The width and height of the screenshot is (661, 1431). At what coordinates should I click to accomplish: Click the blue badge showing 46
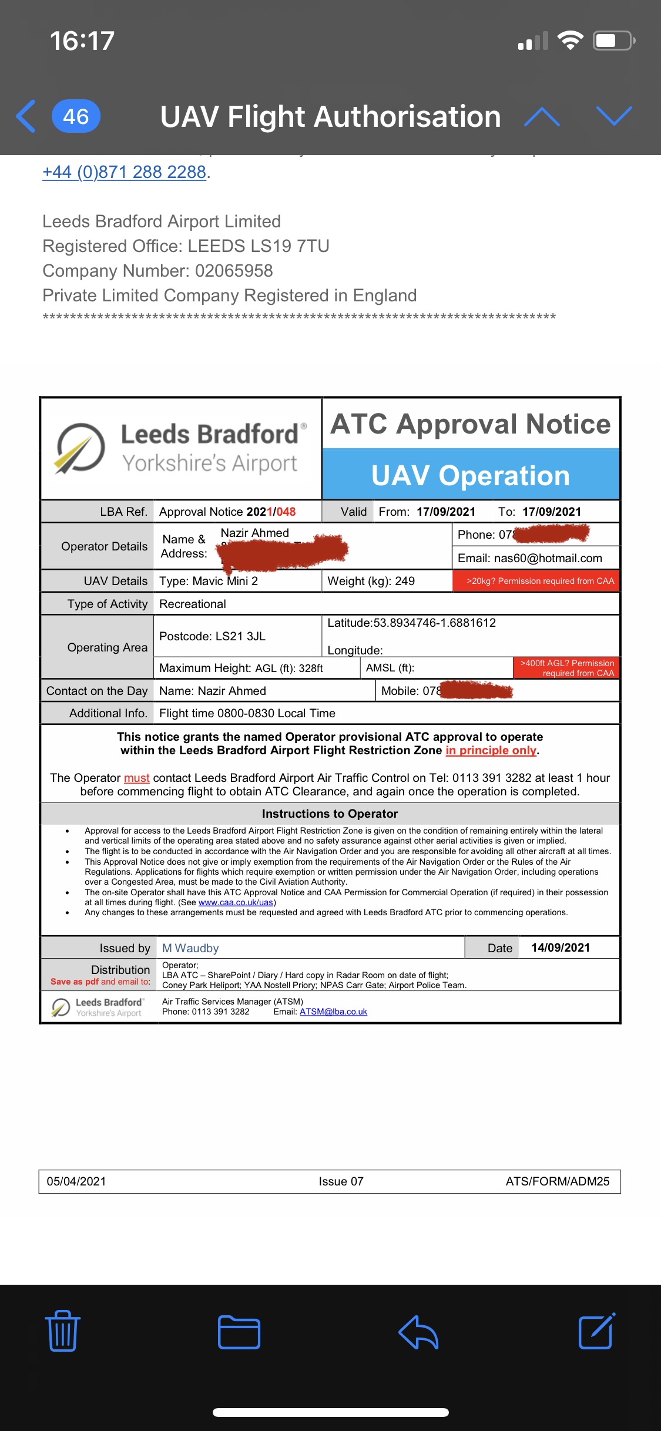tap(76, 116)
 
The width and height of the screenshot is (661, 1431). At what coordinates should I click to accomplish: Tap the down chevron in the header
tap(614, 116)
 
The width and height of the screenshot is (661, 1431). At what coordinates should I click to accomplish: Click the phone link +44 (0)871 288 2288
tap(124, 172)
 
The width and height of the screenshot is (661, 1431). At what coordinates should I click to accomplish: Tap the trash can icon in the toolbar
tap(62, 1331)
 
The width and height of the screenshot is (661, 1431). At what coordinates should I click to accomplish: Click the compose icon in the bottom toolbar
tap(596, 1331)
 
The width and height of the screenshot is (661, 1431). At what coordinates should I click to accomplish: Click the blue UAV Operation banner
tap(471, 475)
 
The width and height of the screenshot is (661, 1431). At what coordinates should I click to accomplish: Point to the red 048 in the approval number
tap(286, 512)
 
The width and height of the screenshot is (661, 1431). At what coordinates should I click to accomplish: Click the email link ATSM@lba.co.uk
tap(333, 1012)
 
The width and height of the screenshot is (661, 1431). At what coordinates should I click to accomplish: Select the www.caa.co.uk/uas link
tap(236, 902)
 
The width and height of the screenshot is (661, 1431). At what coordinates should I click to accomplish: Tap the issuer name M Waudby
tap(190, 948)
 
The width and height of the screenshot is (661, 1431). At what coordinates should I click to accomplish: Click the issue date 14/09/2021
tap(561, 948)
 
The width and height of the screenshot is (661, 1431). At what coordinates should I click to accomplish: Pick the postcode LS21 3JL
tap(240, 636)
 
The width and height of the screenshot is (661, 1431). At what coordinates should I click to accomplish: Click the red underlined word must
tap(136, 778)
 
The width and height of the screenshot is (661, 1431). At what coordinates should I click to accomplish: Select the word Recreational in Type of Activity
tap(193, 604)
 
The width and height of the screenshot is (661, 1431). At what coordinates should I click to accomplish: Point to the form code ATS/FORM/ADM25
tap(557, 1181)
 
